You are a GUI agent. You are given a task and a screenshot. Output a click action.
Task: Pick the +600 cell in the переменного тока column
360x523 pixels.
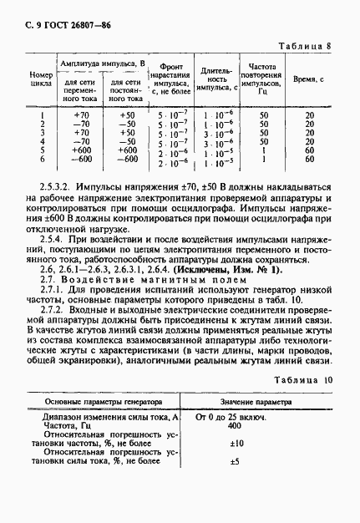click(x=81, y=150)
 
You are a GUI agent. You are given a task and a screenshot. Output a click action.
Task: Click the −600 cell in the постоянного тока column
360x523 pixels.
click(x=126, y=159)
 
